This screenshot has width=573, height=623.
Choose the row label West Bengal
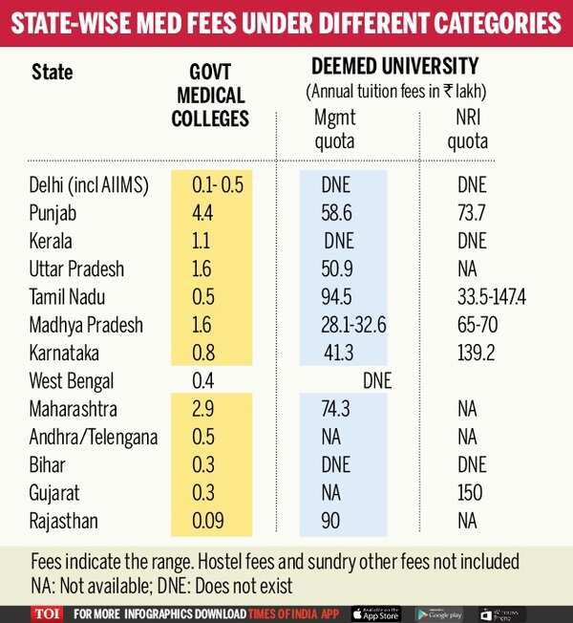72,381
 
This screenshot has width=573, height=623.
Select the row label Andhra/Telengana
93,437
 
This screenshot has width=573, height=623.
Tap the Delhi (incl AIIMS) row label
90,185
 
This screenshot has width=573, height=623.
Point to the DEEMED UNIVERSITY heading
394,67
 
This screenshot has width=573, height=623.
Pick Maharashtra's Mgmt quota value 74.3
339,409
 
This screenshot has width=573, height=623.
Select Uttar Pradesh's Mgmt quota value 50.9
339,269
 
